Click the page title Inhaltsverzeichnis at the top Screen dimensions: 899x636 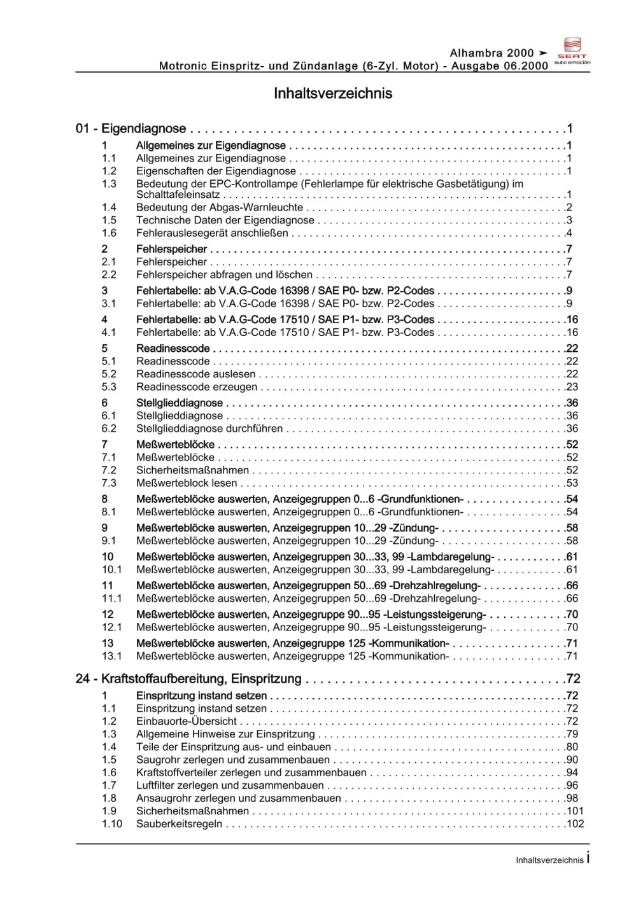(x=332, y=94)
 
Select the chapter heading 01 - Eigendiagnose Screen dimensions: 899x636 (x=131, y=129)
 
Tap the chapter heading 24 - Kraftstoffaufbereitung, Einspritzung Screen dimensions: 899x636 (x=188, y=679)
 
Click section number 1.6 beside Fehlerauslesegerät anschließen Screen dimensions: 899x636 (x=109, y=233)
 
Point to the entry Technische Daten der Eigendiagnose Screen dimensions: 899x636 (x=225, y=220)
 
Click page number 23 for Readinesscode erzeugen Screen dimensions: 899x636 (x=572, y=387)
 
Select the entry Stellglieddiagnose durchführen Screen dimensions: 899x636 (x=209, y=429)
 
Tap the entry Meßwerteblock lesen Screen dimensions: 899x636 (x=187, y=483)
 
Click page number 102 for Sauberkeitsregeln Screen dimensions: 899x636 (x=575, y=824)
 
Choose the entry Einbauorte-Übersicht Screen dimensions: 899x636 (x=187, y=721)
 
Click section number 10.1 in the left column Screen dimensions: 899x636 (x=111, y=570)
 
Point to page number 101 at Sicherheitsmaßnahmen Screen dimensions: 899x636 (x=575, y=811)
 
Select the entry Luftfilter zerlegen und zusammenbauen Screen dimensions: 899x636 (x=230, y=786)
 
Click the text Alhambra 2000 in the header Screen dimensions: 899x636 (x=491, y=53)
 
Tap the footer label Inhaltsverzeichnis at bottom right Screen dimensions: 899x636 (x=549, y=860)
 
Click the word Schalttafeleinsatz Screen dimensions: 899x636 (x=178, y=195)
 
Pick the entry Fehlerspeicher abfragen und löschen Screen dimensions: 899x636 (x=224, y=275)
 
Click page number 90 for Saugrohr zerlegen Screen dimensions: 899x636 (x=572, y=760)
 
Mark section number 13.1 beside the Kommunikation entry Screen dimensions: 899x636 (x=111, y=656)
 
